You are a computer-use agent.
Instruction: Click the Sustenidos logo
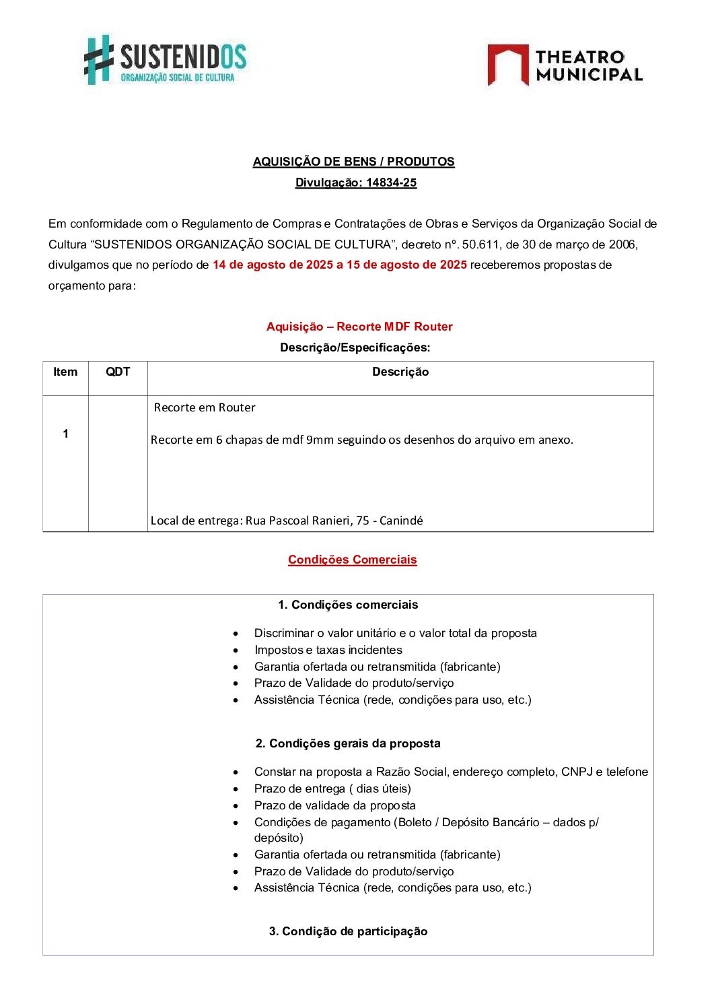click(165, 60)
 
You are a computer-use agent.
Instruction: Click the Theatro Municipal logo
click(565, 65)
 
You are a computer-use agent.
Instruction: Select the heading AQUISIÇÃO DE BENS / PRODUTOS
click(353, 162)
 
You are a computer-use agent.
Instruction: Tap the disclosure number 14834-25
click(391, 182)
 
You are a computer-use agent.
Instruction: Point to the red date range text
click(339, 265)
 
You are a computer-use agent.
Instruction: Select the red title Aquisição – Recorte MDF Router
click(359, 327)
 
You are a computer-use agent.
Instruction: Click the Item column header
click(65, 372)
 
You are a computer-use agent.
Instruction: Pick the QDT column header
click(118, 372)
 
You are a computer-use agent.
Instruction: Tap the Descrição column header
click(400, 372)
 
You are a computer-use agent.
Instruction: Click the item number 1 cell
click(65, 434)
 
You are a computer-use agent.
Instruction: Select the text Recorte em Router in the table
click(205, 407)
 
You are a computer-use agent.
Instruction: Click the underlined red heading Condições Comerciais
click(352, 560)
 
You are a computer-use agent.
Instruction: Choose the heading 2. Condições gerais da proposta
click(348, 743)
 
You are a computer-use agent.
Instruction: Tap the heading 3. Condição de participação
click(348, 931)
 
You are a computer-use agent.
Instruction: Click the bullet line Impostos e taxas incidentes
click(328, 650)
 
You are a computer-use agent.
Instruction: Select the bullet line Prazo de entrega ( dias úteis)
click(332, 788)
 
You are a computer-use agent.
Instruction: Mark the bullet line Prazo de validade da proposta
click(334, 805)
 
